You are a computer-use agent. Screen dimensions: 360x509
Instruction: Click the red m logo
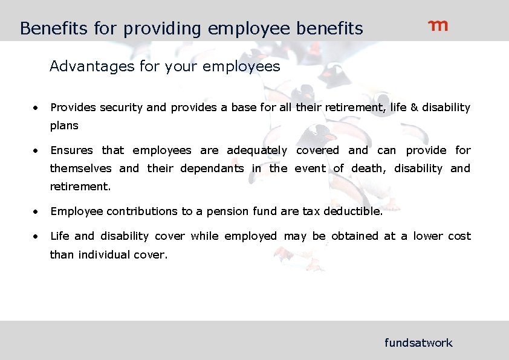click(x=438, y=26)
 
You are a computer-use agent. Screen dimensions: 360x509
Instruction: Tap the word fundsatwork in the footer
click(x=418, y=343)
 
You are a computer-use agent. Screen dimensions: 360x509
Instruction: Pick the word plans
click(x=64, y=126)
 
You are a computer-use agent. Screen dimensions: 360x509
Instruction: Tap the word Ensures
click(x=71, y=150)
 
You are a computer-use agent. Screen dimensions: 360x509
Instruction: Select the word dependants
click(x=212, y=169)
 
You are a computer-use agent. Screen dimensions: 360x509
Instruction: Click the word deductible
click(x=353, y=211)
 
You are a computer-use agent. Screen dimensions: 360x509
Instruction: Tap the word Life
click(x=59, y=236)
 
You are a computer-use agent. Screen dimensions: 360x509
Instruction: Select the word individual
click(x=104, y=255)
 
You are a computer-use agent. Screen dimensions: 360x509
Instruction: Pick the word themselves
click(x=80, y=169)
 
